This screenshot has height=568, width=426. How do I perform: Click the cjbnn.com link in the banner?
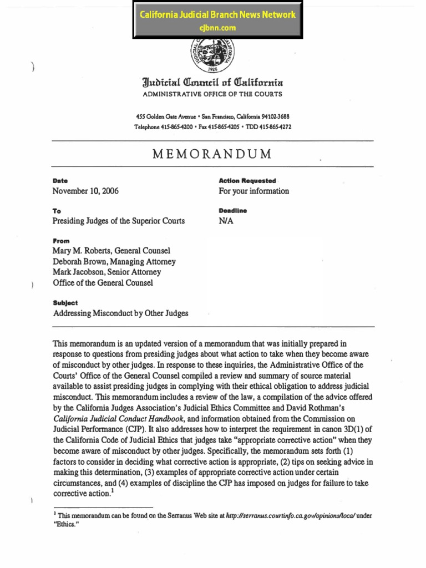[x=217, y=27]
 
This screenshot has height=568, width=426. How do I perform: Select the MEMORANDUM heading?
[x=212, y=154]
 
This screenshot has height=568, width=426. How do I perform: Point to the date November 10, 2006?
[x=85, y=191]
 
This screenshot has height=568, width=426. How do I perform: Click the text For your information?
[x=254, y=191]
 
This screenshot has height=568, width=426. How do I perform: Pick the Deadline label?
[x=233, y=211]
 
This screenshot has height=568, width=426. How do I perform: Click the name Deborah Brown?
[x=78, y=262]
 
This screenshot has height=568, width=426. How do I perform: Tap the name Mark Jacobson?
[x=77, y=272]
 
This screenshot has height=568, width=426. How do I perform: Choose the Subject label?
[x=65, y=303]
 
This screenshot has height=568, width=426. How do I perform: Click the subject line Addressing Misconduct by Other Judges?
[x=120, y=313]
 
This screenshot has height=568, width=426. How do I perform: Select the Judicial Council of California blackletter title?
[x=212, y=84]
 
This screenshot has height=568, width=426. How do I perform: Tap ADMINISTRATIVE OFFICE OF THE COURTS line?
[x=212, y=94]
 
